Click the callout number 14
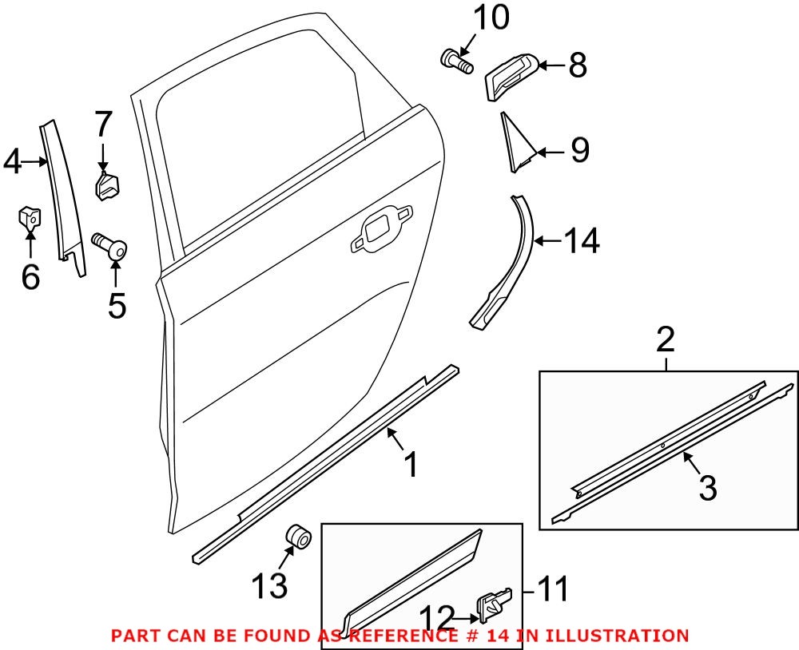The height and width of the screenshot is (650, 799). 582,240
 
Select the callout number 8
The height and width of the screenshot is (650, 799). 577,65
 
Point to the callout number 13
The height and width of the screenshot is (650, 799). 269,587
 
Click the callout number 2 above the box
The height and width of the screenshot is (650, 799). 666,342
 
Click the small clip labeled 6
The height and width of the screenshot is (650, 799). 30,216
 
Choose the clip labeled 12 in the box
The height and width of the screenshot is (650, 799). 494,605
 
